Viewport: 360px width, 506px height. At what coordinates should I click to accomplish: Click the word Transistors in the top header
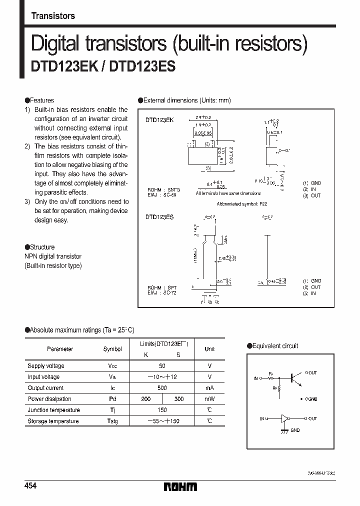pyautogui.click(x=53, y=16)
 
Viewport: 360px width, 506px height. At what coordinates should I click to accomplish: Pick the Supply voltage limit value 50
pyautogui.click(x=162, y=366)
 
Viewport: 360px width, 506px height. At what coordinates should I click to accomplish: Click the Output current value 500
pyautogui.click(x=162, y=388)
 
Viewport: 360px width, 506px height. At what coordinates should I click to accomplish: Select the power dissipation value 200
pyautogui.click(x=146, y=399)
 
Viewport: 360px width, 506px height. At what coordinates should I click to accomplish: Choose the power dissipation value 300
pyautogui.click(x=178, y=399)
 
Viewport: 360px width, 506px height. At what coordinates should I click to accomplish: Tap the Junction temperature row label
pyautogui.click(x=53, y=410)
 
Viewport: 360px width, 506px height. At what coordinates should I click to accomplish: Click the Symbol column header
pyautogui.click(x=112, y=349)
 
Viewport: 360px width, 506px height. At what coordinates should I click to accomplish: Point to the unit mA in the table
pyautogui.click(x=209, y=388)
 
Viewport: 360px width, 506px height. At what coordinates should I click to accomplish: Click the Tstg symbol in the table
pyautogui.click(x=112, y=421)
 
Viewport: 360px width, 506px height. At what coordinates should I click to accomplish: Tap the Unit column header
pyautogui.click(x=209, y=349)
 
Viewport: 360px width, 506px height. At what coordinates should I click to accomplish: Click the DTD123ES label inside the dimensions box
pyautogui.click(x=159, y=217)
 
